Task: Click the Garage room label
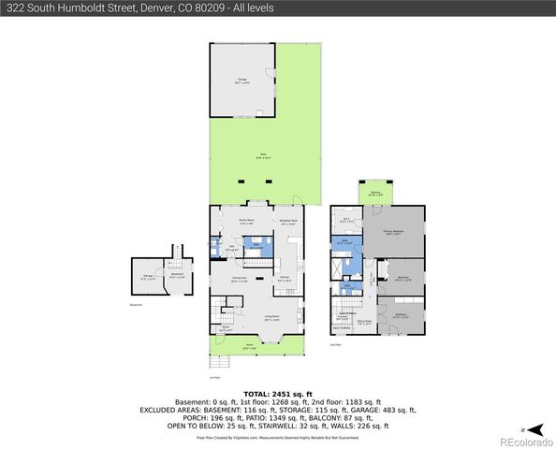pyautogui.click(x=241, y=80)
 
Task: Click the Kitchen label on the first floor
pyautogui.click(x=285, y=279)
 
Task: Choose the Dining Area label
pyautogui.click(x=240, y=279)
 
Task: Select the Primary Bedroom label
pyautogui.click(x=393, y=234)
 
